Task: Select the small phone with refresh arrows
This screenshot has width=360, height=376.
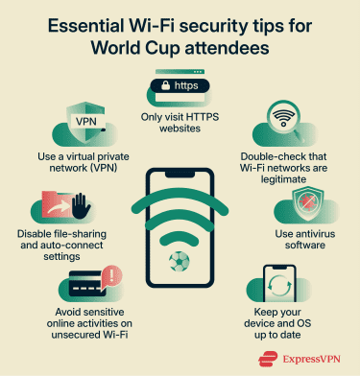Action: tap(278, 285)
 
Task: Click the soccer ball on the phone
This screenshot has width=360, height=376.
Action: tap(180, 261)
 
